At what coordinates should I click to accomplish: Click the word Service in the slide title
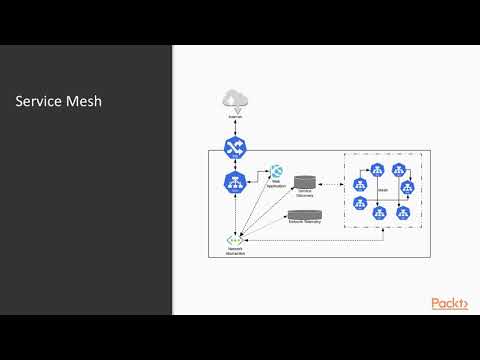point(37,102)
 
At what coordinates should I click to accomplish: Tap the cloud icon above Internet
point(235,99)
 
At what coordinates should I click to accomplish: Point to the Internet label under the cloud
point(235,117)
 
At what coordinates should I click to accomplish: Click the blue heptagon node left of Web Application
point(235,182)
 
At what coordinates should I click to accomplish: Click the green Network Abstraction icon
point(235,240)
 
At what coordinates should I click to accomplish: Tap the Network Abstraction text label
point(235,252)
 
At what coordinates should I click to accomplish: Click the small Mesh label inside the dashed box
point(383,188)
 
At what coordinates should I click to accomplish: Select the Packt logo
point(449,304)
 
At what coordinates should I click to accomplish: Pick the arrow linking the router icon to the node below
point(235,165)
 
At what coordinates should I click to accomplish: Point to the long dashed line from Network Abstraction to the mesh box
point(320,240)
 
